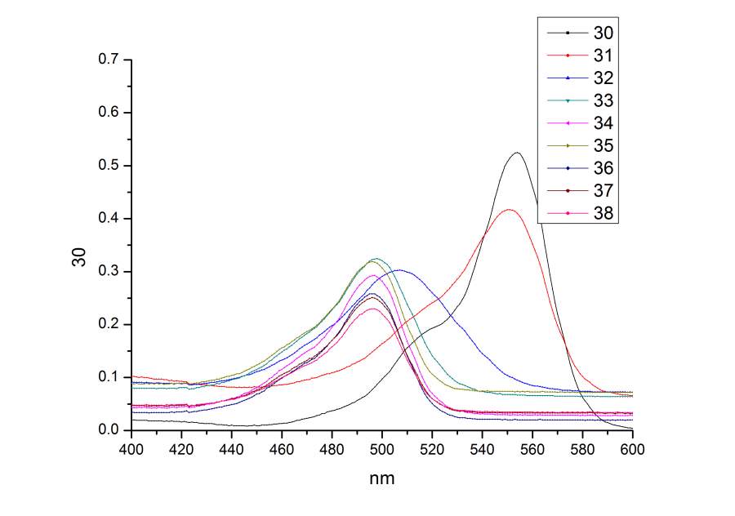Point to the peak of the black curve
click(x=517, y=153)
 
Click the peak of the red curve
click(x=510, y=210)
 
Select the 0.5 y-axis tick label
click(x=109, y=166)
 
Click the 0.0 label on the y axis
click(x=109, y=430)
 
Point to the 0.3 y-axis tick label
click(x=109, y=272)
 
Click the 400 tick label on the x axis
click(x=131, y=449)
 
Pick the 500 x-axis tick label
click(x=382, y=449)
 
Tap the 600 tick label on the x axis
click(x=633, y=449)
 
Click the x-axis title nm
click(x=381, y=478)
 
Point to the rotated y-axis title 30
click(x=79, y=256)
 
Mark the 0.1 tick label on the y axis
click(x=109, y=377)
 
